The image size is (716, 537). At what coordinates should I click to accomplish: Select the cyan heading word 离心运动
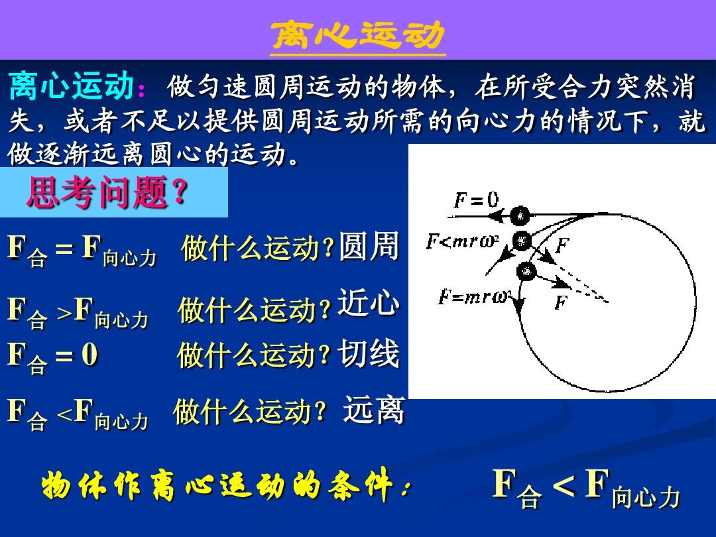(x=71, y=86)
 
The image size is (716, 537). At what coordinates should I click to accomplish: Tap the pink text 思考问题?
(x=108, y=192)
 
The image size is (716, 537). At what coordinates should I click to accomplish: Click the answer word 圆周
(x=369, y=246)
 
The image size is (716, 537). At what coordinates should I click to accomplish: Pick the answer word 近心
(x=368, y=302)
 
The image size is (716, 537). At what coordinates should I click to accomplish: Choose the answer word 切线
(x=368, y=353)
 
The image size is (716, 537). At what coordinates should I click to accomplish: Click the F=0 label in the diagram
(x=476, y=200)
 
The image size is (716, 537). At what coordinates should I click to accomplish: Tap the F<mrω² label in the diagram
(x=462, y=241)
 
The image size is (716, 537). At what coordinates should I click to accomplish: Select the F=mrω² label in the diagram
(x=474, y=297)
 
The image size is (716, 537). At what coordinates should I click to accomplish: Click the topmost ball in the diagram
(x=520, y=215)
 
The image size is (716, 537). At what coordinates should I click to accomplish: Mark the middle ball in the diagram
(x=522, y=240)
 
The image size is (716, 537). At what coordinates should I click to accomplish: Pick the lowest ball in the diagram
(x=526, y=271)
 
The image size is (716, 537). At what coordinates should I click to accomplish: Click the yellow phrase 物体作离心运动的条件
(x=222, y=484)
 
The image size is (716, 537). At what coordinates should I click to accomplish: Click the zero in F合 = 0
(x=89, y=354)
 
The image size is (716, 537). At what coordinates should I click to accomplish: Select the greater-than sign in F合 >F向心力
(x=64, y=313)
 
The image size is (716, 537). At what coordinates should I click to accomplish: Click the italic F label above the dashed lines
(x=563, y=245)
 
